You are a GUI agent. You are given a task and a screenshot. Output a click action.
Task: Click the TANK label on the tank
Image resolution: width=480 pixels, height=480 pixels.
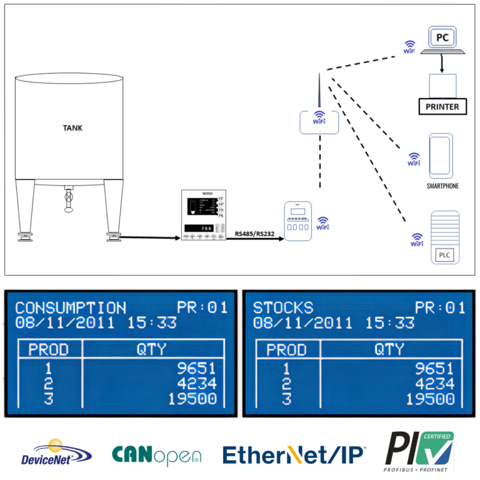click(72, 128)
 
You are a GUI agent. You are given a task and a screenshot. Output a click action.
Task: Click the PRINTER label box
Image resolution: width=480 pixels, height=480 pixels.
click(442, 107)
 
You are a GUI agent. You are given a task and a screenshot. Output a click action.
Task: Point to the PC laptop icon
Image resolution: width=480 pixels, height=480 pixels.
click(442, 41)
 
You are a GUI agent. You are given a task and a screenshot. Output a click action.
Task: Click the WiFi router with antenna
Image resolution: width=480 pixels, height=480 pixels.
click(319, 119)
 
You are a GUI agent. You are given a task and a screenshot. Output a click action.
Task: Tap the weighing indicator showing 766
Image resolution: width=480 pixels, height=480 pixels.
click(203, 216)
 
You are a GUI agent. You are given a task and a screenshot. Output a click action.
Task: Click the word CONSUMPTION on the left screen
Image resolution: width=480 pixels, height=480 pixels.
click(71, 307)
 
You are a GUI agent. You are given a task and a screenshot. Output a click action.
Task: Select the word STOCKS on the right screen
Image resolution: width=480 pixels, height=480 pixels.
click(282, 307)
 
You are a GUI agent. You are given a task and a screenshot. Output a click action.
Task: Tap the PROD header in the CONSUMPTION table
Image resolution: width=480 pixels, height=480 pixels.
click(48, 349)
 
